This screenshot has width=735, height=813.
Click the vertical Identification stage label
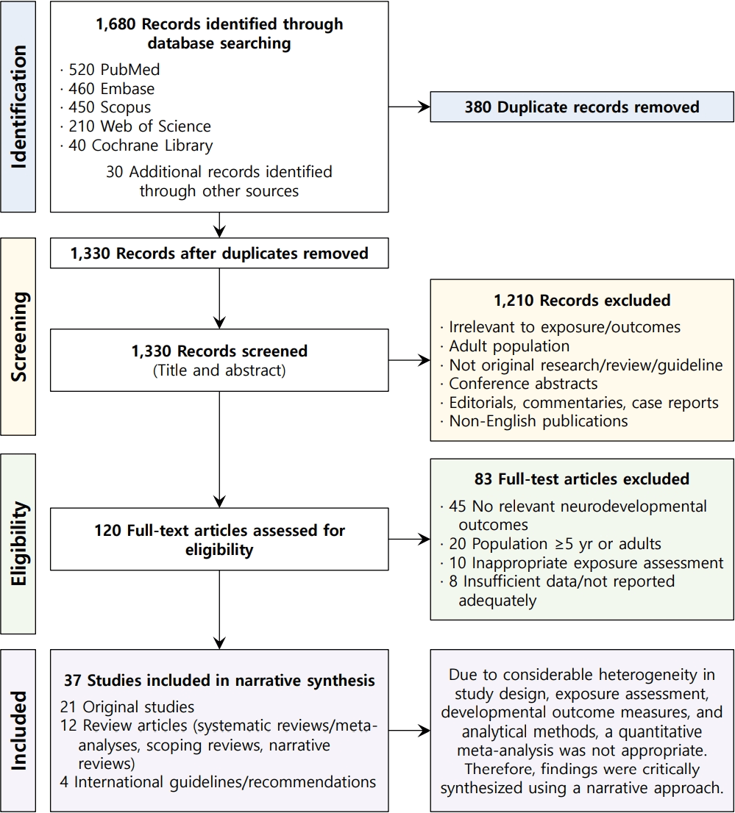tap(18, 107)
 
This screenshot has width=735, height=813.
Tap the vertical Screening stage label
tap(18, 337)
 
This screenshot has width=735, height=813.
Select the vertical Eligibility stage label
tap(18, 543)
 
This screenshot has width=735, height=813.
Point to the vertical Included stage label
tap(18, 730)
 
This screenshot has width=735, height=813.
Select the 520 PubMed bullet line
tap(110, 70)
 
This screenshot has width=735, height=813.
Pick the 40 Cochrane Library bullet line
tap(136, 146)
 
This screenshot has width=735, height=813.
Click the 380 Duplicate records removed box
tap(582, 107)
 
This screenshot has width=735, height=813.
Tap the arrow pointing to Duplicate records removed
tap(409, 107)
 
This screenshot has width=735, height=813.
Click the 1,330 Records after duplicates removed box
tap(219, 253)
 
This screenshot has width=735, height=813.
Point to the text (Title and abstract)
tap(219, 370)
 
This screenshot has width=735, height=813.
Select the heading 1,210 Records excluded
tap(582, 300)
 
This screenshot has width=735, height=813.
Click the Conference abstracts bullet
tap(519, 384)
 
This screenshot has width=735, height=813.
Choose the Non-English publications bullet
tap(534, 421)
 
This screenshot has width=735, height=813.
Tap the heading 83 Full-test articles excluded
tap(582, 479)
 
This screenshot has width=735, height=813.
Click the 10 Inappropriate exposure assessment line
tap(582, 562)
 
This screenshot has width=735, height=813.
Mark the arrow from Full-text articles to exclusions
tap(409, 540)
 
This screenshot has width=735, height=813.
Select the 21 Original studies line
tap(127, 706)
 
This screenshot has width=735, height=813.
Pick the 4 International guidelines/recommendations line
tap(218, 782)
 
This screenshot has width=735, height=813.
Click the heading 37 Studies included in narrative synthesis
tap(219, 680)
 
